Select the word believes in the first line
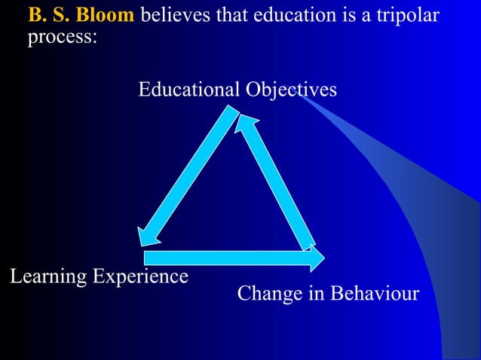click(172, 16)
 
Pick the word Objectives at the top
click(291, 90)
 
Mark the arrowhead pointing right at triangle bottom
click(316, 258)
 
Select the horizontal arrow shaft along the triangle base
click(226, 258)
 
